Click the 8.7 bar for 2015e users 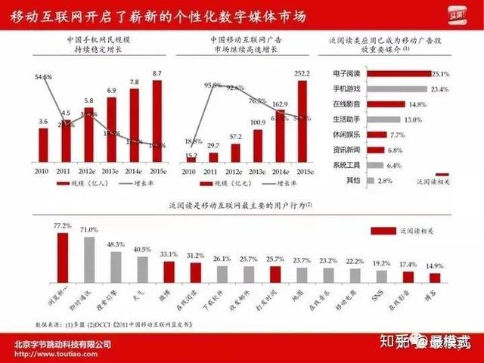tap(157, 121)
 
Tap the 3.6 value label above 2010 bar tap(44, 121)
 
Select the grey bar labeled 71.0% tap(88, 259)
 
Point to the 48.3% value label tap(116, 245)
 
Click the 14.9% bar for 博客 tap(436, 279)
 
